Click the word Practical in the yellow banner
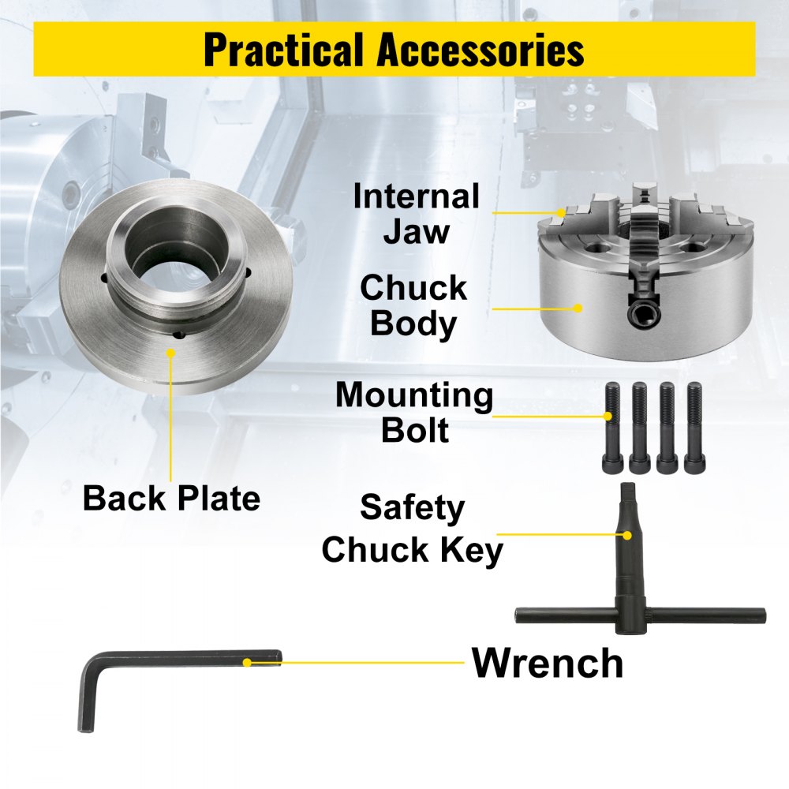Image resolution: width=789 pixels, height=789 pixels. pos(283,49)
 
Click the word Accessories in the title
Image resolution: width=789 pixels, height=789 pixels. pos(481,49)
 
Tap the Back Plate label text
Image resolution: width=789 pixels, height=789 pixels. pos(171,498)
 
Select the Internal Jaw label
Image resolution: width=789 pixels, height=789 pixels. pos(416,213)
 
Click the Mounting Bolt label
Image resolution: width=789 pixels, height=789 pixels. pos(414,412)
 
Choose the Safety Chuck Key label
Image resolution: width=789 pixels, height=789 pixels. pos(412,529)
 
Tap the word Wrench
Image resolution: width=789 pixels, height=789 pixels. pos(548,663)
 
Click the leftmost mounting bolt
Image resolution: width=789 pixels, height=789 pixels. pos(612,428)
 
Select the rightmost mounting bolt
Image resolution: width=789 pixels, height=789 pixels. pos(695,428)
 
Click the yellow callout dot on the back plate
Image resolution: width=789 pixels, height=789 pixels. pos(170,353)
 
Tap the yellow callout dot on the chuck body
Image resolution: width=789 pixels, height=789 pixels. pos(578,308)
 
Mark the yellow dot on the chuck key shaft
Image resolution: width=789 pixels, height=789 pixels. pos(627,536)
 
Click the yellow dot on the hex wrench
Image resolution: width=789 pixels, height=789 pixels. pos(247,663)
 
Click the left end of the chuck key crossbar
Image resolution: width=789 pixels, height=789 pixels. pos(518,615)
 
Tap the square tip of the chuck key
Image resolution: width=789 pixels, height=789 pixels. pos(629,491)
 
